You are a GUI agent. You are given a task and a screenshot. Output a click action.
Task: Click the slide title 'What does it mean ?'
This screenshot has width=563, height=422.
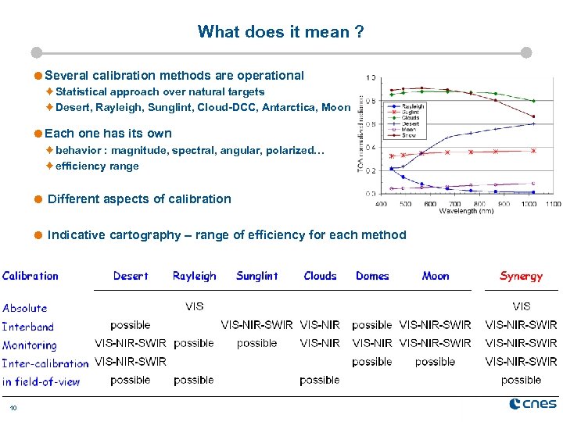tap(281, 32)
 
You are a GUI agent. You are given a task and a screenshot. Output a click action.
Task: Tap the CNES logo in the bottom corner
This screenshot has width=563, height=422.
tap(533, 403)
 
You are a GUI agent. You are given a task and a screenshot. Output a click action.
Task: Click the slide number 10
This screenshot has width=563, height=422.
tap(13, 407)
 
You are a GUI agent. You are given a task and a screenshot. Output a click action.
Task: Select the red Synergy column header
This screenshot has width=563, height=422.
tap(521, 276)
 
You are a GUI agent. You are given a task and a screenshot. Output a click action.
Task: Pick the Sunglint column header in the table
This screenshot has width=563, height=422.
tap(256, 276)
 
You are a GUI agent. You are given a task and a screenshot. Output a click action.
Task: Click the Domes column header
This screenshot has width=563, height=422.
tap(372, 276)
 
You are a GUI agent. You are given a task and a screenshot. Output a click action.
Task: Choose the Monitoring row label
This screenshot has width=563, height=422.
tap(30, 345)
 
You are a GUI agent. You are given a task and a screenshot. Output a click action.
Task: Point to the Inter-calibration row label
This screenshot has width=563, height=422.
tap(45, 363)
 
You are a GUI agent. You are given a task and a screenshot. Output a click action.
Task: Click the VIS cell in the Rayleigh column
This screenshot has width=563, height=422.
tap(194, 306)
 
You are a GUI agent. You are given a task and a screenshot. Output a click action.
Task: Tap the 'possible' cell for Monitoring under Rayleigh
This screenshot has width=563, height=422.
tap(194, 343)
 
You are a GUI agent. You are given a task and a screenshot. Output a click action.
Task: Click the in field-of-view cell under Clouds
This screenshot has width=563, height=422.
tap(319, 381)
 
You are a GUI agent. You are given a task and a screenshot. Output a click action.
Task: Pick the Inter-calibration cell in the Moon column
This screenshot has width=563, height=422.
tap(435, 362)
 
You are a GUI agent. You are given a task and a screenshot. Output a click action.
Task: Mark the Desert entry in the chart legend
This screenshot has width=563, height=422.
tap(411, 123)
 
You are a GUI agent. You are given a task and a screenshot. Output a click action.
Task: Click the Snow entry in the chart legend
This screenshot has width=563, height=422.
tap(410, 135)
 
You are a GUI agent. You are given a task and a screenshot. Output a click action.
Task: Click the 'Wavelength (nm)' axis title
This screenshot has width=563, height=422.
tap(466, 211)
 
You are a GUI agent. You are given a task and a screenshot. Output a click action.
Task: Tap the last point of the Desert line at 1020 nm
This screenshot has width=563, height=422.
tap(533, 123)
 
